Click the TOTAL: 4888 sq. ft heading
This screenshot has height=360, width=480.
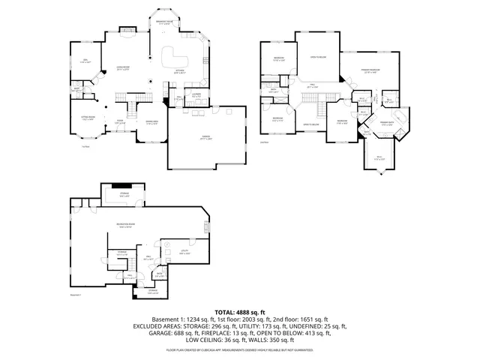239,311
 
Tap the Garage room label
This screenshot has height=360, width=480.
205,138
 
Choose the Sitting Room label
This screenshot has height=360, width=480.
88,118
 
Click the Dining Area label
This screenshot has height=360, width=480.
151,123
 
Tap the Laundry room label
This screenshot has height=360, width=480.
175,95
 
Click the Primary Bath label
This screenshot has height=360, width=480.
388,124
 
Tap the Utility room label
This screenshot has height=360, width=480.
184,253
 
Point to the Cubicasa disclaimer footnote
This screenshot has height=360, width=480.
239,349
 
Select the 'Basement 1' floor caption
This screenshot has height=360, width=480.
75,296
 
